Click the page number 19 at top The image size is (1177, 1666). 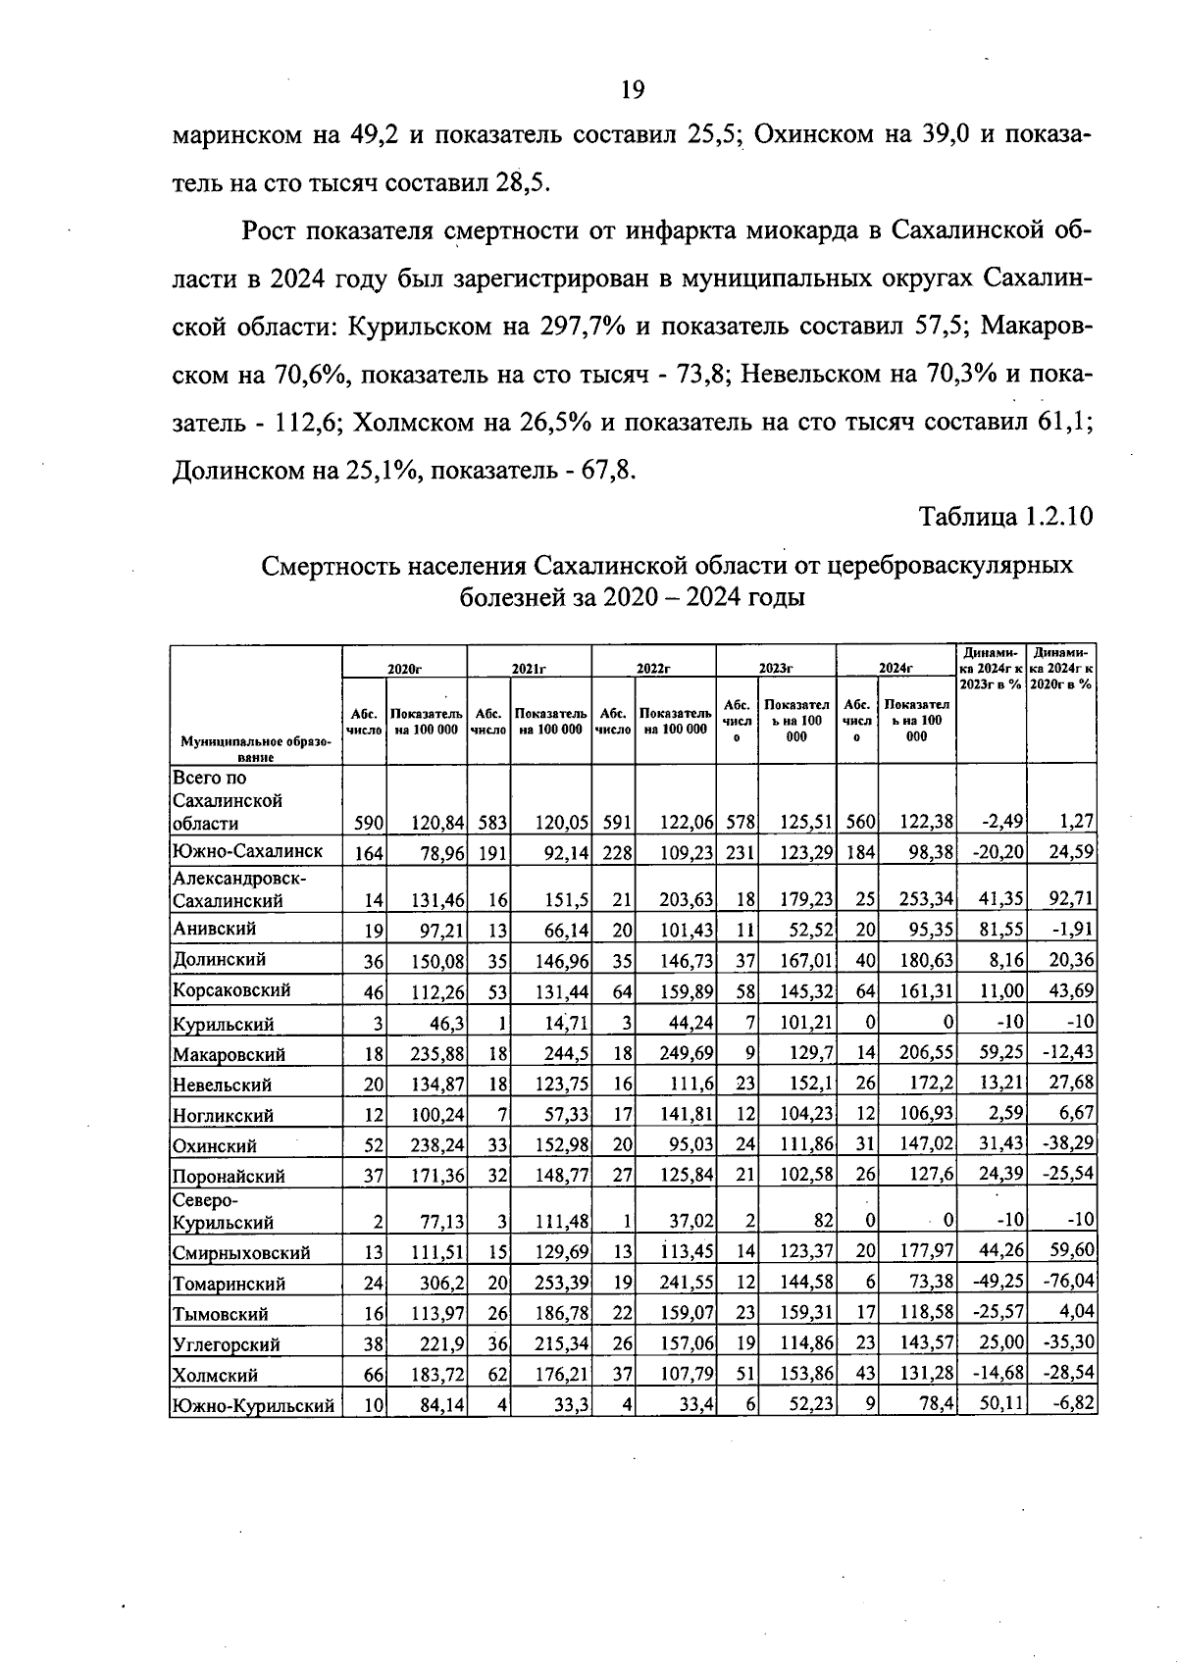633,90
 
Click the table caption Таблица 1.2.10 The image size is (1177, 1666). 1004,517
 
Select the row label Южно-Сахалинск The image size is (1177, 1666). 247,850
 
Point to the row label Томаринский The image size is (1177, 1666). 230,1284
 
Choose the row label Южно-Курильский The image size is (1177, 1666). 253,1406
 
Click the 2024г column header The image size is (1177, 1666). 895,668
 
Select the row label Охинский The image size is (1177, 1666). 215,1146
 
